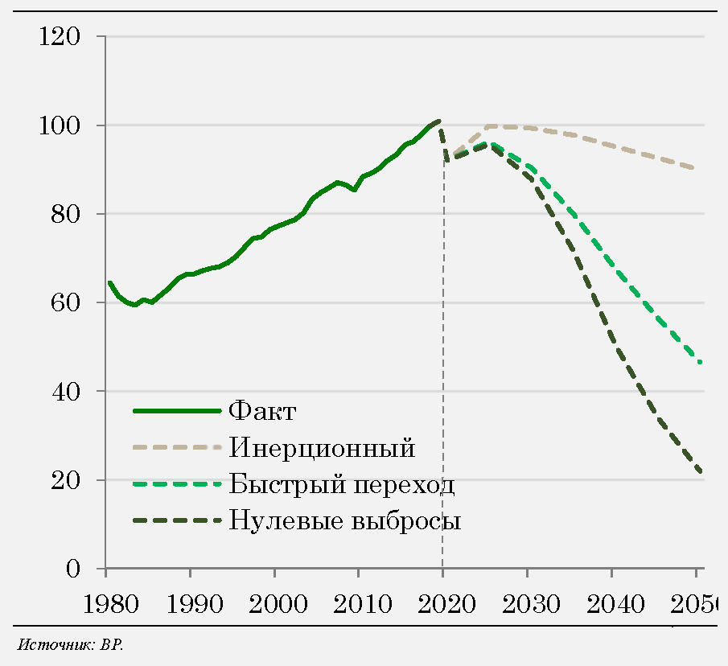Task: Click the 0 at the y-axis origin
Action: click(74, 569)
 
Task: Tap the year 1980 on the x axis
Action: click(105, 604)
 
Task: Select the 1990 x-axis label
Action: click(190, 604)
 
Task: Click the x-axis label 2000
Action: click(274, 604)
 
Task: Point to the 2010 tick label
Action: click(358, 604)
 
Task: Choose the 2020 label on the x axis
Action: click(442, 604)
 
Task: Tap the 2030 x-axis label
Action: click(527, 604)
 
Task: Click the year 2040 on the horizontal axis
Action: click(611, 604)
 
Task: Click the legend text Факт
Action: click(263, 411)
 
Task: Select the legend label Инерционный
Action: click(322, 447)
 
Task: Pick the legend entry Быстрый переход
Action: click(342, 485)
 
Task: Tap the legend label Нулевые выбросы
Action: click(345, 520)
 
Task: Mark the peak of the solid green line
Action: click(439, 121)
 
